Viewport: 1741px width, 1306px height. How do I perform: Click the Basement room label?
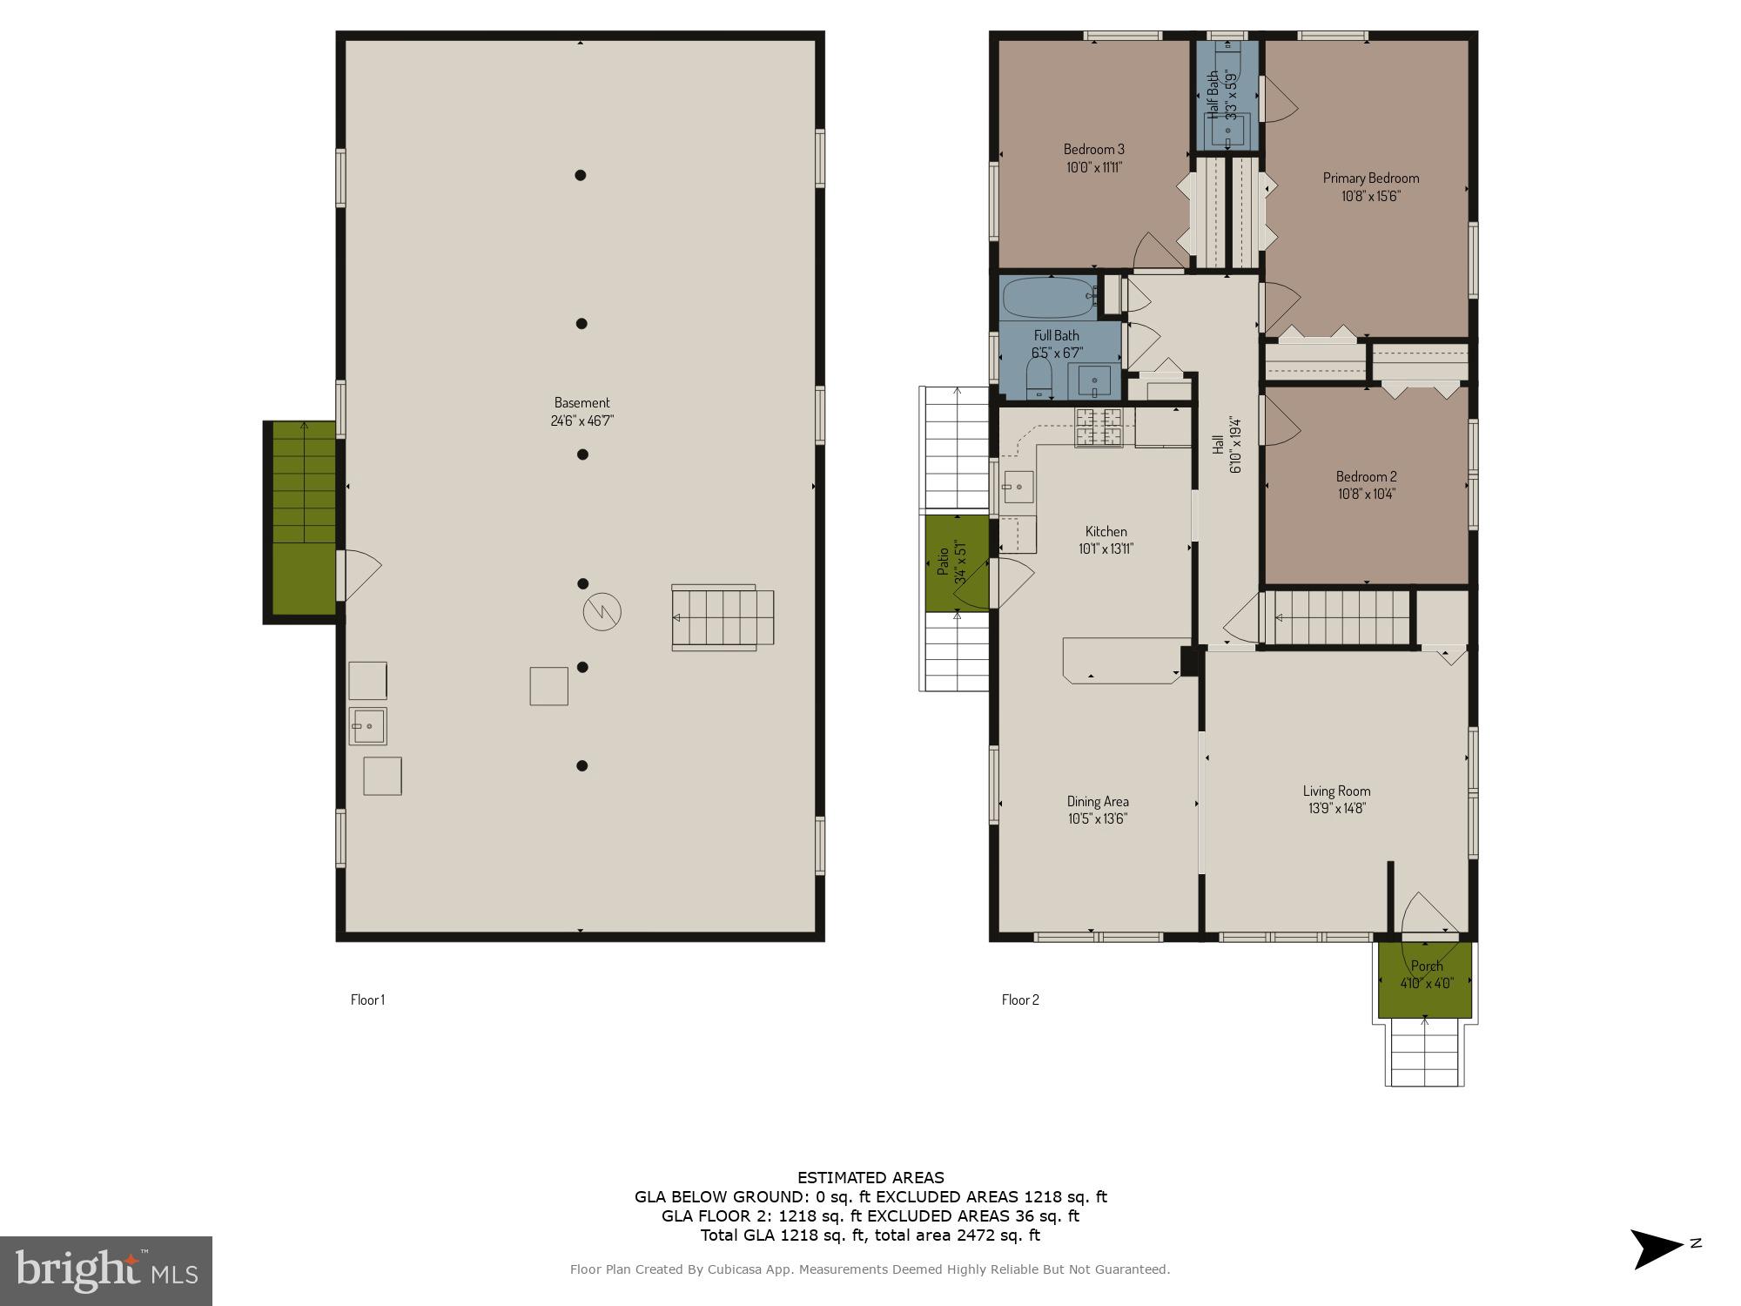pos(581,402)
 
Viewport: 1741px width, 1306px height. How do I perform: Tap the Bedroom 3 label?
pos(1093,149)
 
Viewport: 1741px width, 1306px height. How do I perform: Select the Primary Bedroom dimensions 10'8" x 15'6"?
pos(1370,196)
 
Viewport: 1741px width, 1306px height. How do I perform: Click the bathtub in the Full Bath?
pos(1048,298)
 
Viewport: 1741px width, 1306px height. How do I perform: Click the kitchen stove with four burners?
pos(1099,427)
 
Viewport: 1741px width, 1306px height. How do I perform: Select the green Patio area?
pos(956,562)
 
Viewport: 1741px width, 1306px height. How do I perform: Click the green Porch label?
pos(1426,966)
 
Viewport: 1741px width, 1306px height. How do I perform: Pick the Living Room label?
pos(1336,791)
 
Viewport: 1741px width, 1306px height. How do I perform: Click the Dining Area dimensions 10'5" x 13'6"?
pos(1097,818)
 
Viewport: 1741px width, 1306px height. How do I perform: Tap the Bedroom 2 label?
pos(1366,476)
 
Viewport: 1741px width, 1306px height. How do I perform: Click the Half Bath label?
pos(1213,95)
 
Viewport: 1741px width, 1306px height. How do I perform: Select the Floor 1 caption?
pos(367,1000)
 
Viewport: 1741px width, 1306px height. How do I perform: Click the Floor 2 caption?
pos(1019,1000)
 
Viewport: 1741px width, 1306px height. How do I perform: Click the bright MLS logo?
pos(105,1271)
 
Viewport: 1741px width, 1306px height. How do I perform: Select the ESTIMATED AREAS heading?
pos(870,1178)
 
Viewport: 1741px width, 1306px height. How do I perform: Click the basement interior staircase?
pos(722,617)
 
